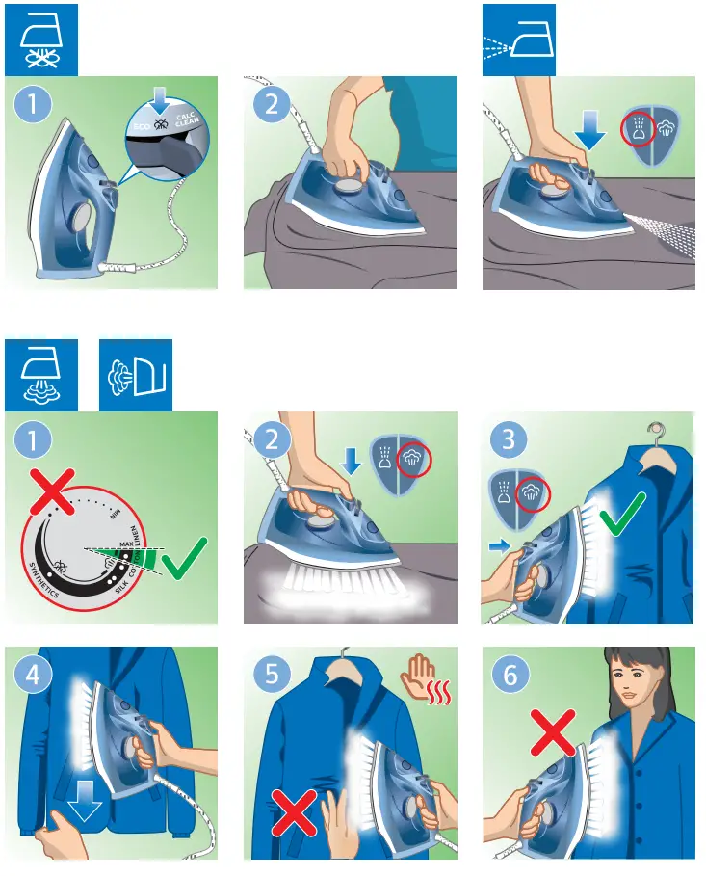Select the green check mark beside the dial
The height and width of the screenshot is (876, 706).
pyautogui.click(x=185, y=561)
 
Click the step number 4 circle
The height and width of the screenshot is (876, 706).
pyautogui.click(x=34, y=675)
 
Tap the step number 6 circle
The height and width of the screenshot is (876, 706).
pyautogui.click(x=510, y=675)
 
